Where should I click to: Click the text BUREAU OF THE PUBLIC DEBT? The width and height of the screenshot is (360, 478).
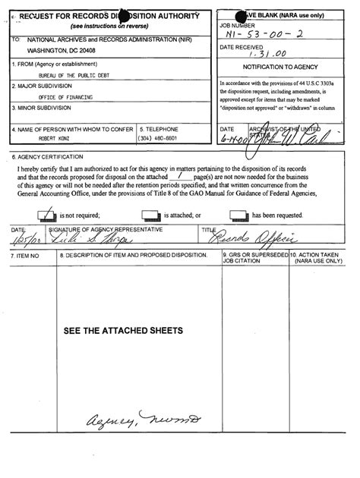tap(71, 76)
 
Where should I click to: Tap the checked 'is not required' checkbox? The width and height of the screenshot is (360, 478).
tap(43, 215)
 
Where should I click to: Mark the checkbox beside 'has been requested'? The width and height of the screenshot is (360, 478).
tap(238, 215)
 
